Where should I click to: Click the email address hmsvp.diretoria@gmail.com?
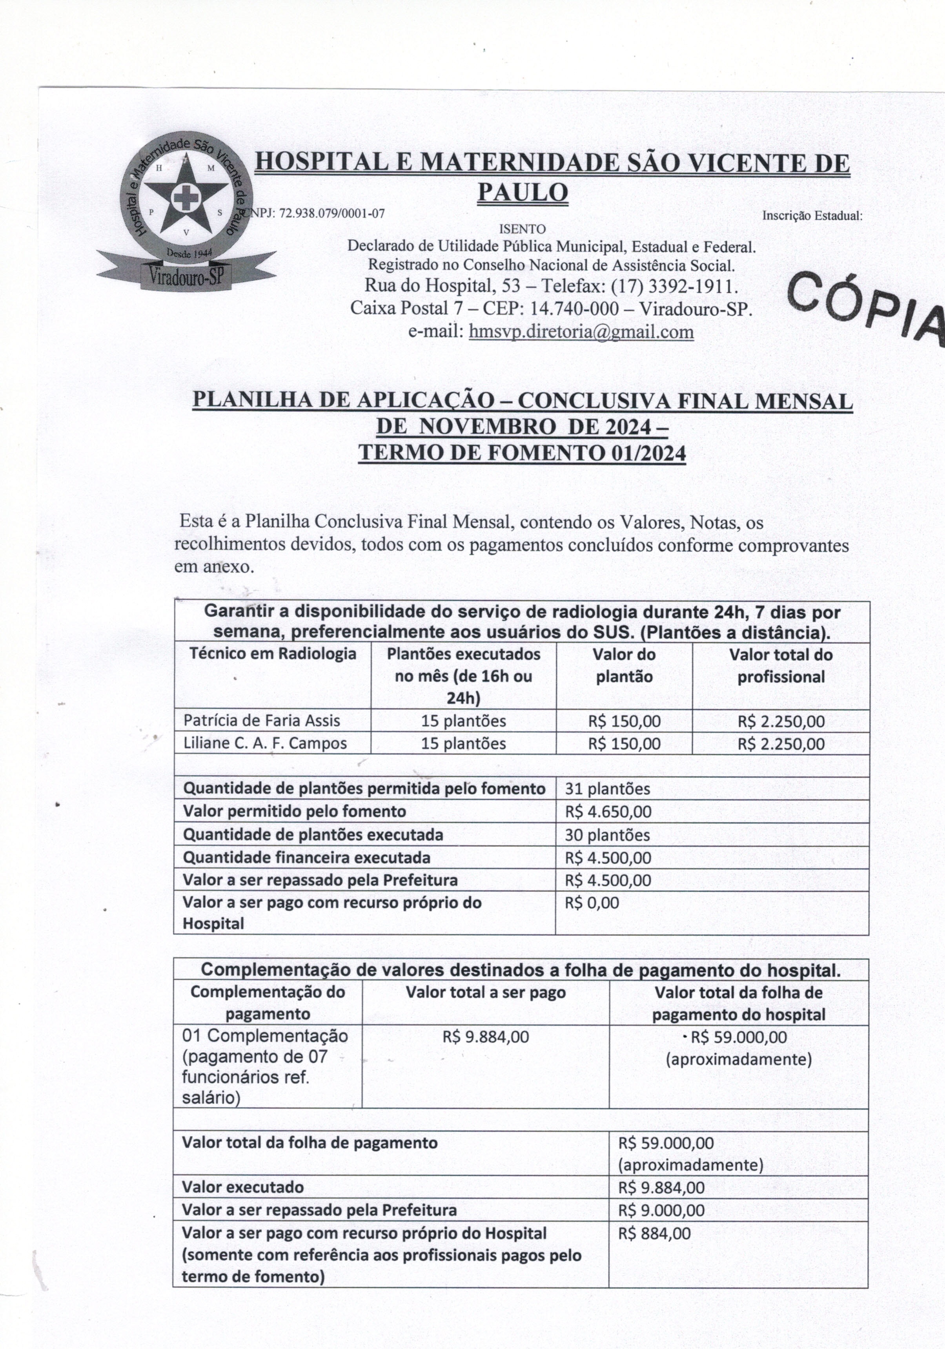(x=581, y=332)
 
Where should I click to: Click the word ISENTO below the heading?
(x=522, y=228)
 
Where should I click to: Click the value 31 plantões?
(x=607, y=789)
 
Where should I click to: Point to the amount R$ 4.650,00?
(x=608, y=811)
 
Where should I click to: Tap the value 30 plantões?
(x=607, y=835)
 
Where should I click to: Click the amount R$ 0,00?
(x=592, y=902)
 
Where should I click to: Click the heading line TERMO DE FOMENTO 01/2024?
(x=522, y=453)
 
